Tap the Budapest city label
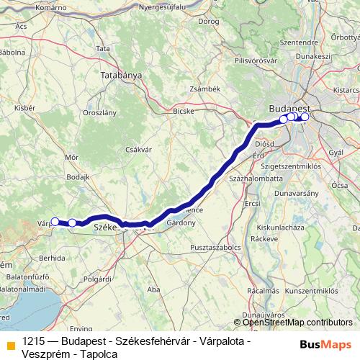tap(289, 107)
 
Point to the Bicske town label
tap(184, 112)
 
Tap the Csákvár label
tap(137, 149)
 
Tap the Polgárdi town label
tap(97, 277)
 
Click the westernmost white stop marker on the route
tap(55, 222)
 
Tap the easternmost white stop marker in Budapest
tap(305, 117)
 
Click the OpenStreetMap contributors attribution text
tap(297, 323)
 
